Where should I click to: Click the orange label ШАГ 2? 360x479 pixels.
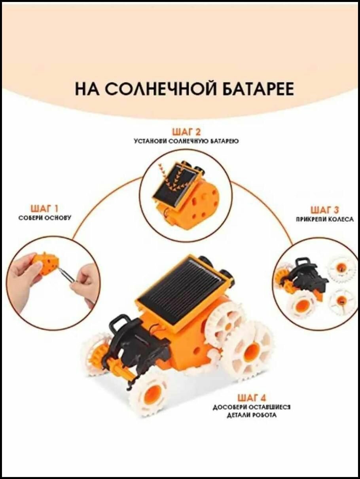tap(186, 132)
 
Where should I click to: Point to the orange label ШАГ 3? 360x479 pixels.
tap(325, 210)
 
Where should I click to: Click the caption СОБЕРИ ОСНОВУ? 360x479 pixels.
tap(45, 218)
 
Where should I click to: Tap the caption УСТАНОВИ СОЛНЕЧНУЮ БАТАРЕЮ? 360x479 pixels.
tap(186, 141)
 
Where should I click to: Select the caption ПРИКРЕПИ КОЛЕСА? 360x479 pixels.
tap(325, 219)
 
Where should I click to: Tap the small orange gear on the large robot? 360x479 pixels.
tap(96, 349)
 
